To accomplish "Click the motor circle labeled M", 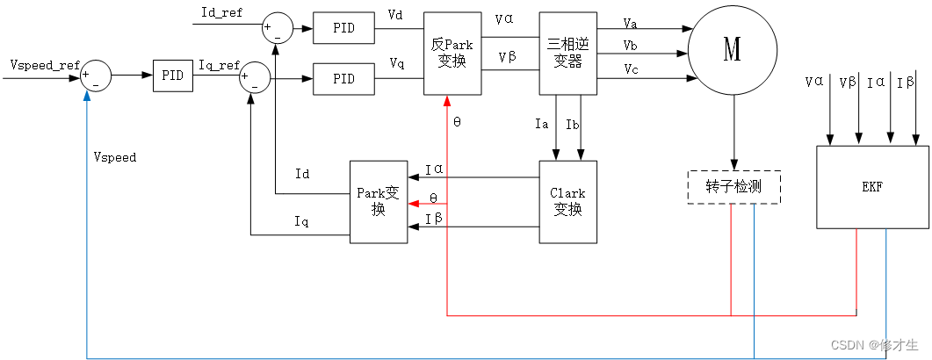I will click(x=732, y=52).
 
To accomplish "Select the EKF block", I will click(x=873, y=187).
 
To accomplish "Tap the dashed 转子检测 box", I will click(x=733, y=187).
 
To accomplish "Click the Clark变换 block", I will click(x=567, y=201).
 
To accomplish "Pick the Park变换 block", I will click(x=379, y=201).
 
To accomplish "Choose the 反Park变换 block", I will click(x=452, y=53).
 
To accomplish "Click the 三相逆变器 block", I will click(x=567, y=53).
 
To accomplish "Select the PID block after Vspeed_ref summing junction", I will click(x=173, y=76).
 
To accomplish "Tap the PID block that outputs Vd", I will click(x=343, y=27).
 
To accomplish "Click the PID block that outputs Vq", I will click(x=343, y=80).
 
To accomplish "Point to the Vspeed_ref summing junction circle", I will click(x=96, y=76).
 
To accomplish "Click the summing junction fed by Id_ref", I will click(x=278, y=28).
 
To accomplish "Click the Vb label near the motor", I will click(x=631, y=44).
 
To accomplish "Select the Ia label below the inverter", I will click(x=542, y=124).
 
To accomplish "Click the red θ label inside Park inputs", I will click(x=433, y=198).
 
